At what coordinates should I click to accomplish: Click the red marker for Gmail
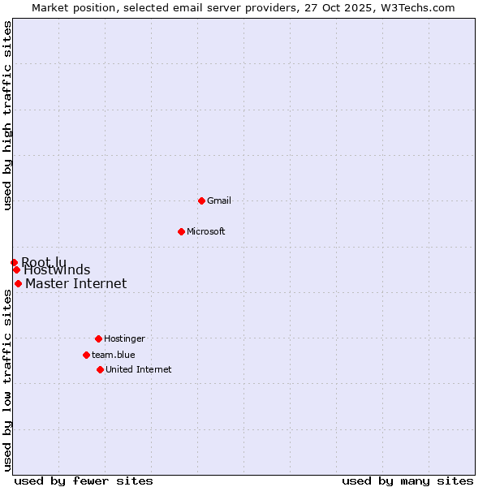pos(201,200)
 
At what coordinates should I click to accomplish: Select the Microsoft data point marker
pos(181,231)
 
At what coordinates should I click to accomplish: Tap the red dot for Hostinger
pos(98,338)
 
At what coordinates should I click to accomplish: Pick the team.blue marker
pos(86,355)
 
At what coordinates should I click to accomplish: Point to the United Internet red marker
pos(100,369)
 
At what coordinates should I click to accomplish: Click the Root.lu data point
pos(14,262)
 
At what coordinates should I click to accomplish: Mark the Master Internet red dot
pos(18,283)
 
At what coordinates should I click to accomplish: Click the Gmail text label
pos(219,200)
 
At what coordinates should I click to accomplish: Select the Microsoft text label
pos(206,231)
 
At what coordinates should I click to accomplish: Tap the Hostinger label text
pos(124,338)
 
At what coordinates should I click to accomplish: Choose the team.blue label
pos(114,355)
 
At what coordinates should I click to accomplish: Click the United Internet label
pos(139,369)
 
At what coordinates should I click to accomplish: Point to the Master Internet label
pos(76,283)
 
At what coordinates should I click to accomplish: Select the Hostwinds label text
pos(58,270)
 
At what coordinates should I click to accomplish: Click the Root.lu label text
pos(44,262)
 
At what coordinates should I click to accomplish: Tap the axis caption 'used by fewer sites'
pos(84,481)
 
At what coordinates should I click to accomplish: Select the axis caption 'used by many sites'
pos(407,481)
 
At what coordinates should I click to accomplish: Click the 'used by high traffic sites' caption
pos(7,115)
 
